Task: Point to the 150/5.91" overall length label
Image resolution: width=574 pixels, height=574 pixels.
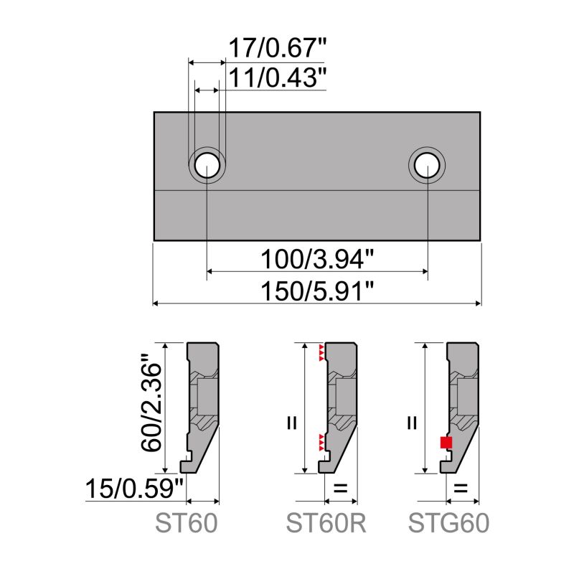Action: (x=317, y=290)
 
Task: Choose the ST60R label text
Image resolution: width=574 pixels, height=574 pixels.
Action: (x=326, y=524)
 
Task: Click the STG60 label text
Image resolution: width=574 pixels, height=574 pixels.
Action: (x=449, y=524)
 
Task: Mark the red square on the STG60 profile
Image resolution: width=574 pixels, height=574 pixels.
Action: (x=446, y=443)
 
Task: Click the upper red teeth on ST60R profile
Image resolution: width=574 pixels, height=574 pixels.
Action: (x=321, y=352)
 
